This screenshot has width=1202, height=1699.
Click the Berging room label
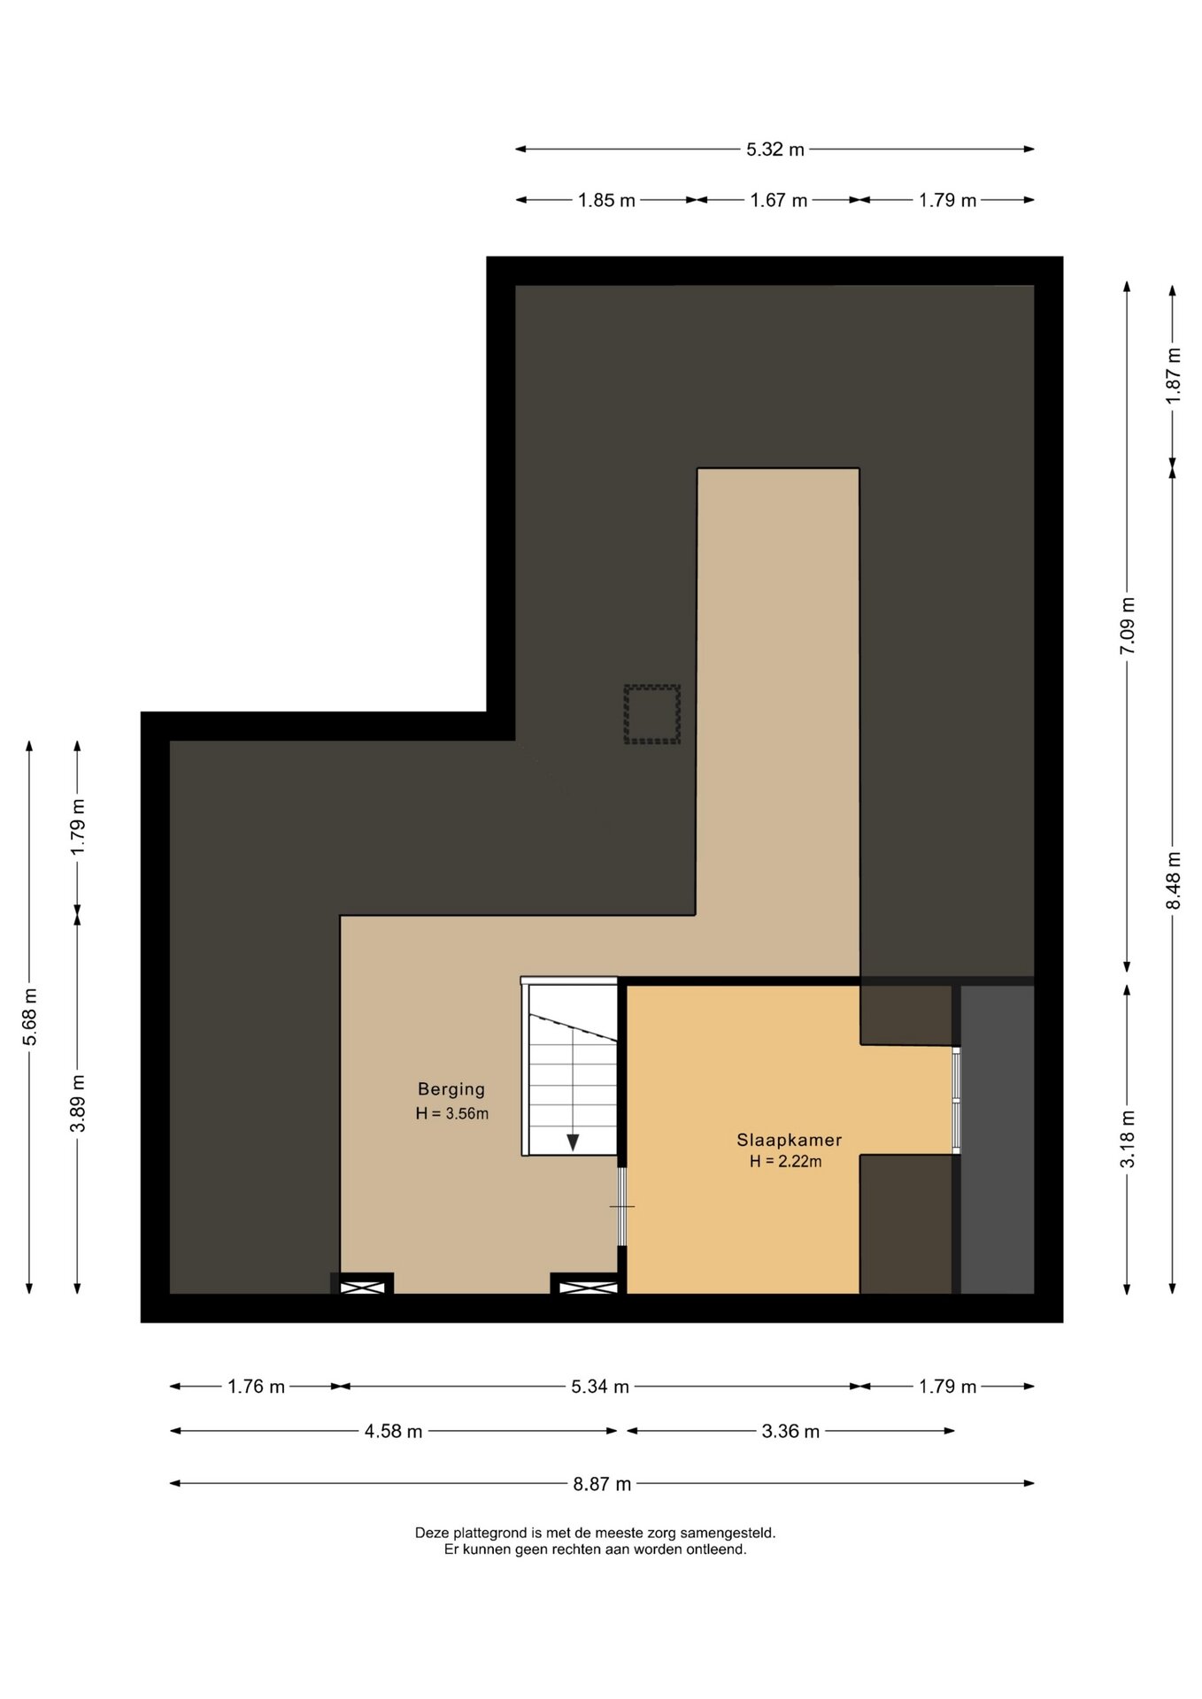(x=451, y=1089)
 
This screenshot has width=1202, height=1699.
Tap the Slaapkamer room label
(x=789, y=1140)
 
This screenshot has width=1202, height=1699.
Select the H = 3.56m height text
(x=451, y=1113)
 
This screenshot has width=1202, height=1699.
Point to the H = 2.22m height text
(x=785, y=1161)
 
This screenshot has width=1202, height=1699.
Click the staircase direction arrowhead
(x=573, y=1142)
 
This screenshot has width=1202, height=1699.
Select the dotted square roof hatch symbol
(x=652, y=713)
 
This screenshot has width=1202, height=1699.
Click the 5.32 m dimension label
(x=775, y=150)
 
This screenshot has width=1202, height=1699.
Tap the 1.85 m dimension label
(x=606, y=200)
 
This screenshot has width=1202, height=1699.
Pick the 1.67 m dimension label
(x=779, y=200)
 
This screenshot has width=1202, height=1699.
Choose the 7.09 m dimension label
(x=1127, y=626)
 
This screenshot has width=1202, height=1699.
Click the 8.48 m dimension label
(x=1174, y=880)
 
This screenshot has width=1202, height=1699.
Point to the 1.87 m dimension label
(x=1174, y=375)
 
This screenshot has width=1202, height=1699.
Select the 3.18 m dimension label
(x=1127, y=1139)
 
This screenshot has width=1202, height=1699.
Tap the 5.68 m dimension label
(x=30, y=1016)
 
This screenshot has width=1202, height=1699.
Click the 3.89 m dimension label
(x=78, y=1103)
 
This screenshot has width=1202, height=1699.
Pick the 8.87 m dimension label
(x=602, y=1484)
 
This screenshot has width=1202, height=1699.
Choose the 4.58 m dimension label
(x=393, y=1431)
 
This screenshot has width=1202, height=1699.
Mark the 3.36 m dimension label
(x=790, y=1431)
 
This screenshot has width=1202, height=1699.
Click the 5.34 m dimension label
(x=600, y=1387)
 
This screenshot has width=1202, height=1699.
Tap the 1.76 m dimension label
(x=256, y=1387)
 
